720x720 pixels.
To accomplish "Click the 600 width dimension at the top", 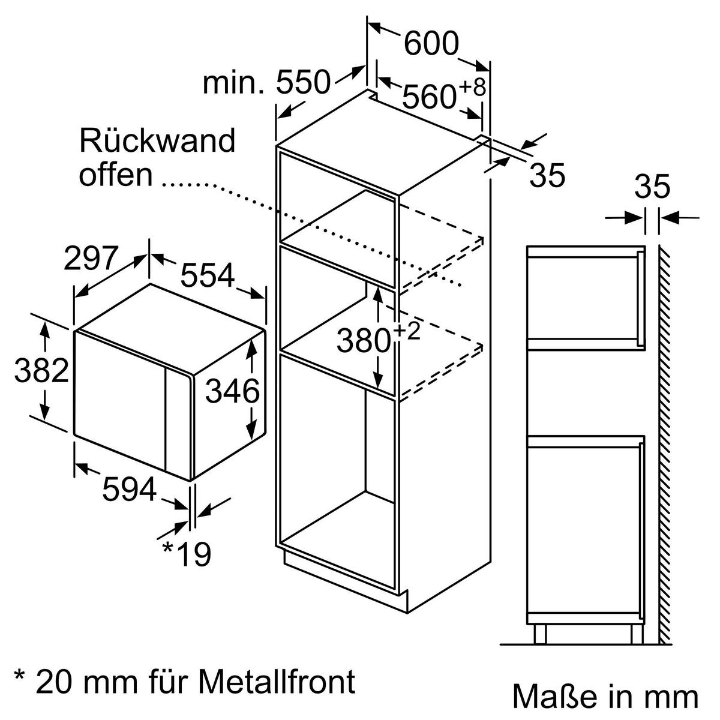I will [430, 43].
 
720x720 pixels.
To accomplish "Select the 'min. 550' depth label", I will [266, 83].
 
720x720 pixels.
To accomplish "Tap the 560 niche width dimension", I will [428, 97].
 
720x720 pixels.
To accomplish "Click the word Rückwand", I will [157, 141].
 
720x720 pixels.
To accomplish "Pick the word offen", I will [116, 175].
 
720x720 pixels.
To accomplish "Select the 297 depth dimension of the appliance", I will [91, 259].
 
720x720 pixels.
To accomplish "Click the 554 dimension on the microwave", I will [207, 277].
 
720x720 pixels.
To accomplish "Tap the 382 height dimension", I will [41, 371].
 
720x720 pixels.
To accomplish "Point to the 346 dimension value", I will [233, 392].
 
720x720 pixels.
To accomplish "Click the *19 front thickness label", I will [187, 554].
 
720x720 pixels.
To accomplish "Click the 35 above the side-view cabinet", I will [652, 188].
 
